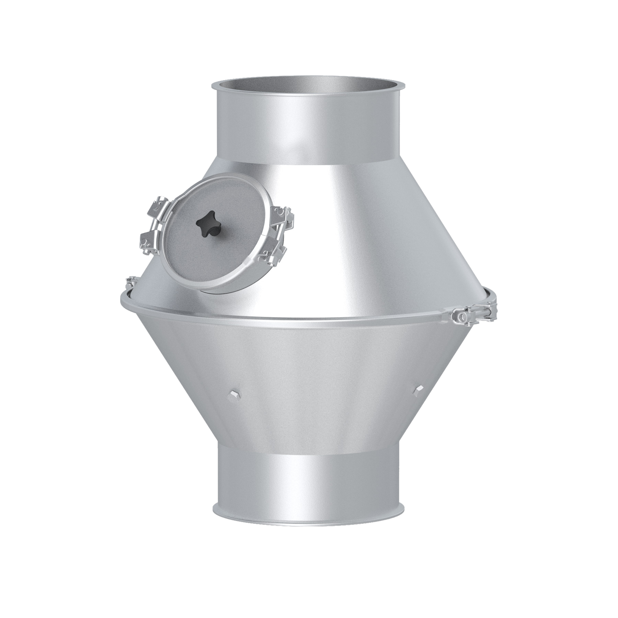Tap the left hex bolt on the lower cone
pos(232,395)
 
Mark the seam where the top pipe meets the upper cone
pos(309,168)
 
